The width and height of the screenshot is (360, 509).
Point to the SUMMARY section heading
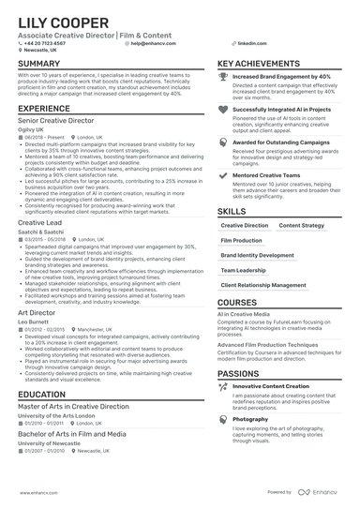tap(37, 64)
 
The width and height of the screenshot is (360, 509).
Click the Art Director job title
tap(37, 312)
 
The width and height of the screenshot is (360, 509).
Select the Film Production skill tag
tap(241, 240)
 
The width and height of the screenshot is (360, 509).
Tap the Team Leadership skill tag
tap(244, 269)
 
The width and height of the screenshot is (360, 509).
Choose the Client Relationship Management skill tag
tap(262, 284)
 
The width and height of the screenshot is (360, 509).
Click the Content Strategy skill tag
tap(301, 225)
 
